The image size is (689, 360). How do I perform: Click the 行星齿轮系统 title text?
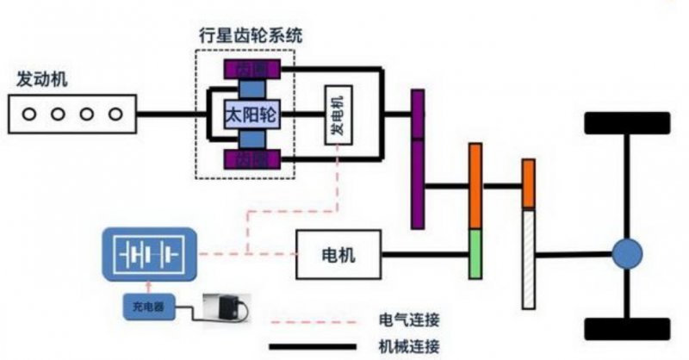pos(245,37)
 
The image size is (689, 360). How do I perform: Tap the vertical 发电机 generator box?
pos(336,115)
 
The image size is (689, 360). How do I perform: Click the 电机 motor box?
pos(338,255)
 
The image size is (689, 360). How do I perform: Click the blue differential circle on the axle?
pos(628,254)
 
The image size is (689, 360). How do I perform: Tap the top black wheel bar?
pos(627,123)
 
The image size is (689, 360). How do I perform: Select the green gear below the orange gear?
pos(475,254)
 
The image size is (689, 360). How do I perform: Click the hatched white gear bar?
pos(528,258)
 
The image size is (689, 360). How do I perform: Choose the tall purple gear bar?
pos(418,159)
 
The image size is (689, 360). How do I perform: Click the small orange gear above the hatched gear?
pos(528,183)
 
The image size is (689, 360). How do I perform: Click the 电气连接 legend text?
pos(409,320)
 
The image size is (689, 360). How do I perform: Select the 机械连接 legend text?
pos(409,347)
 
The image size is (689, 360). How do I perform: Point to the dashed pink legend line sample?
pos(314,320)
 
